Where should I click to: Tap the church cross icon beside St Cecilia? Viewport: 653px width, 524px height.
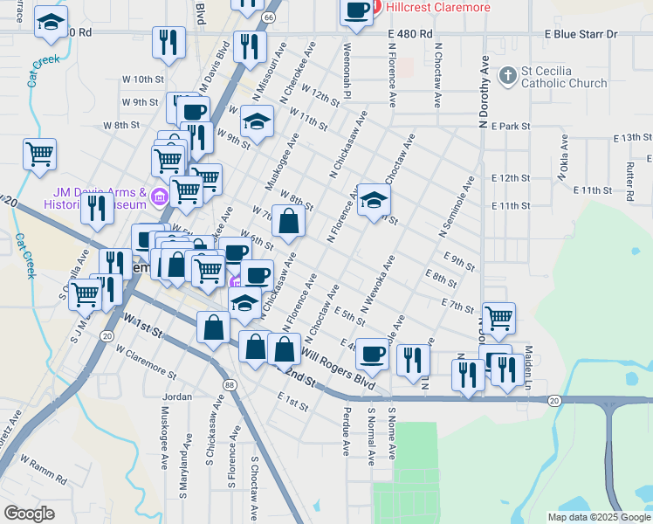pos(507,76)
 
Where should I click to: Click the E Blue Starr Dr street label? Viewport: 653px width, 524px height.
pos(581,34)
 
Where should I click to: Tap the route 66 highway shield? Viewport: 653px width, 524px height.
pos(268,17)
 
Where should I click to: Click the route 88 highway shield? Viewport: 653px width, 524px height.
pos(229,384)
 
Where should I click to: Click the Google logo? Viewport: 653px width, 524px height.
pos(29,514)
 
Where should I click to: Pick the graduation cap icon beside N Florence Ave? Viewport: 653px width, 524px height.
pos(374,199)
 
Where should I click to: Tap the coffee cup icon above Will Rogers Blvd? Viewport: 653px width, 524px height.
pos(373,354)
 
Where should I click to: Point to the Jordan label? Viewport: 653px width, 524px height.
pos(177,396)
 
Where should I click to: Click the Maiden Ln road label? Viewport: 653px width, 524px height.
pos(528,362)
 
